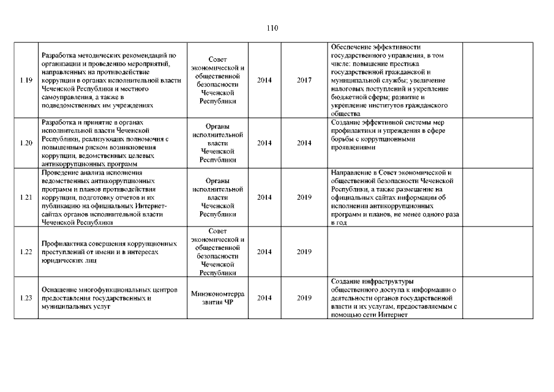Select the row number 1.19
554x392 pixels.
pos(26,80)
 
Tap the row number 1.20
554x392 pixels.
pos(26,143)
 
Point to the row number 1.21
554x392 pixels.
pos(26,198)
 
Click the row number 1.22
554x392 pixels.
pos(26,252)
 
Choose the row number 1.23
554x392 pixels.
pos(26,298)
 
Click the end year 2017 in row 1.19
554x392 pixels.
pos(304,80)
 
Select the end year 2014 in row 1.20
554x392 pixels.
pos(304,143)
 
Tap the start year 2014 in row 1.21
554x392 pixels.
pos(264,198)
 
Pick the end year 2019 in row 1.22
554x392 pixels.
pos(304,252)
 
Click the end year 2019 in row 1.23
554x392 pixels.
pos(304,298)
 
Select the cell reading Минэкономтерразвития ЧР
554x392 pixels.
pos(217,298)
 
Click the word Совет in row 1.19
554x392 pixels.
pos(217,59)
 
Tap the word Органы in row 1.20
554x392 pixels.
pos(217,126)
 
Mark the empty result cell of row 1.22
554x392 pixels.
pos(395,252)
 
